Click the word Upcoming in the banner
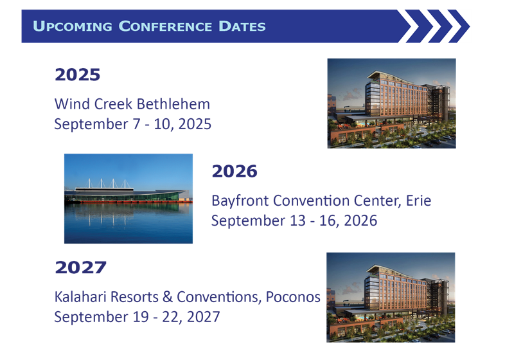(69, 26)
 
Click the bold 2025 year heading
(78, 75)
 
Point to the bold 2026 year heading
(235, 171)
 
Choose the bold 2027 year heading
(80, 267)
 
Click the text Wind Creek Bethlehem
(132, 104)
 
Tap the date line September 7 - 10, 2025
(133, 124)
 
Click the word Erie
(419, 201)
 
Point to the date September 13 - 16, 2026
(294, 221)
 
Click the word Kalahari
(78, 297)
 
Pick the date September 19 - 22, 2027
(137, 317)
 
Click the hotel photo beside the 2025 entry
(391, 104)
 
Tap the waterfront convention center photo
(128, 199)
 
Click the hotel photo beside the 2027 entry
(391, 297)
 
